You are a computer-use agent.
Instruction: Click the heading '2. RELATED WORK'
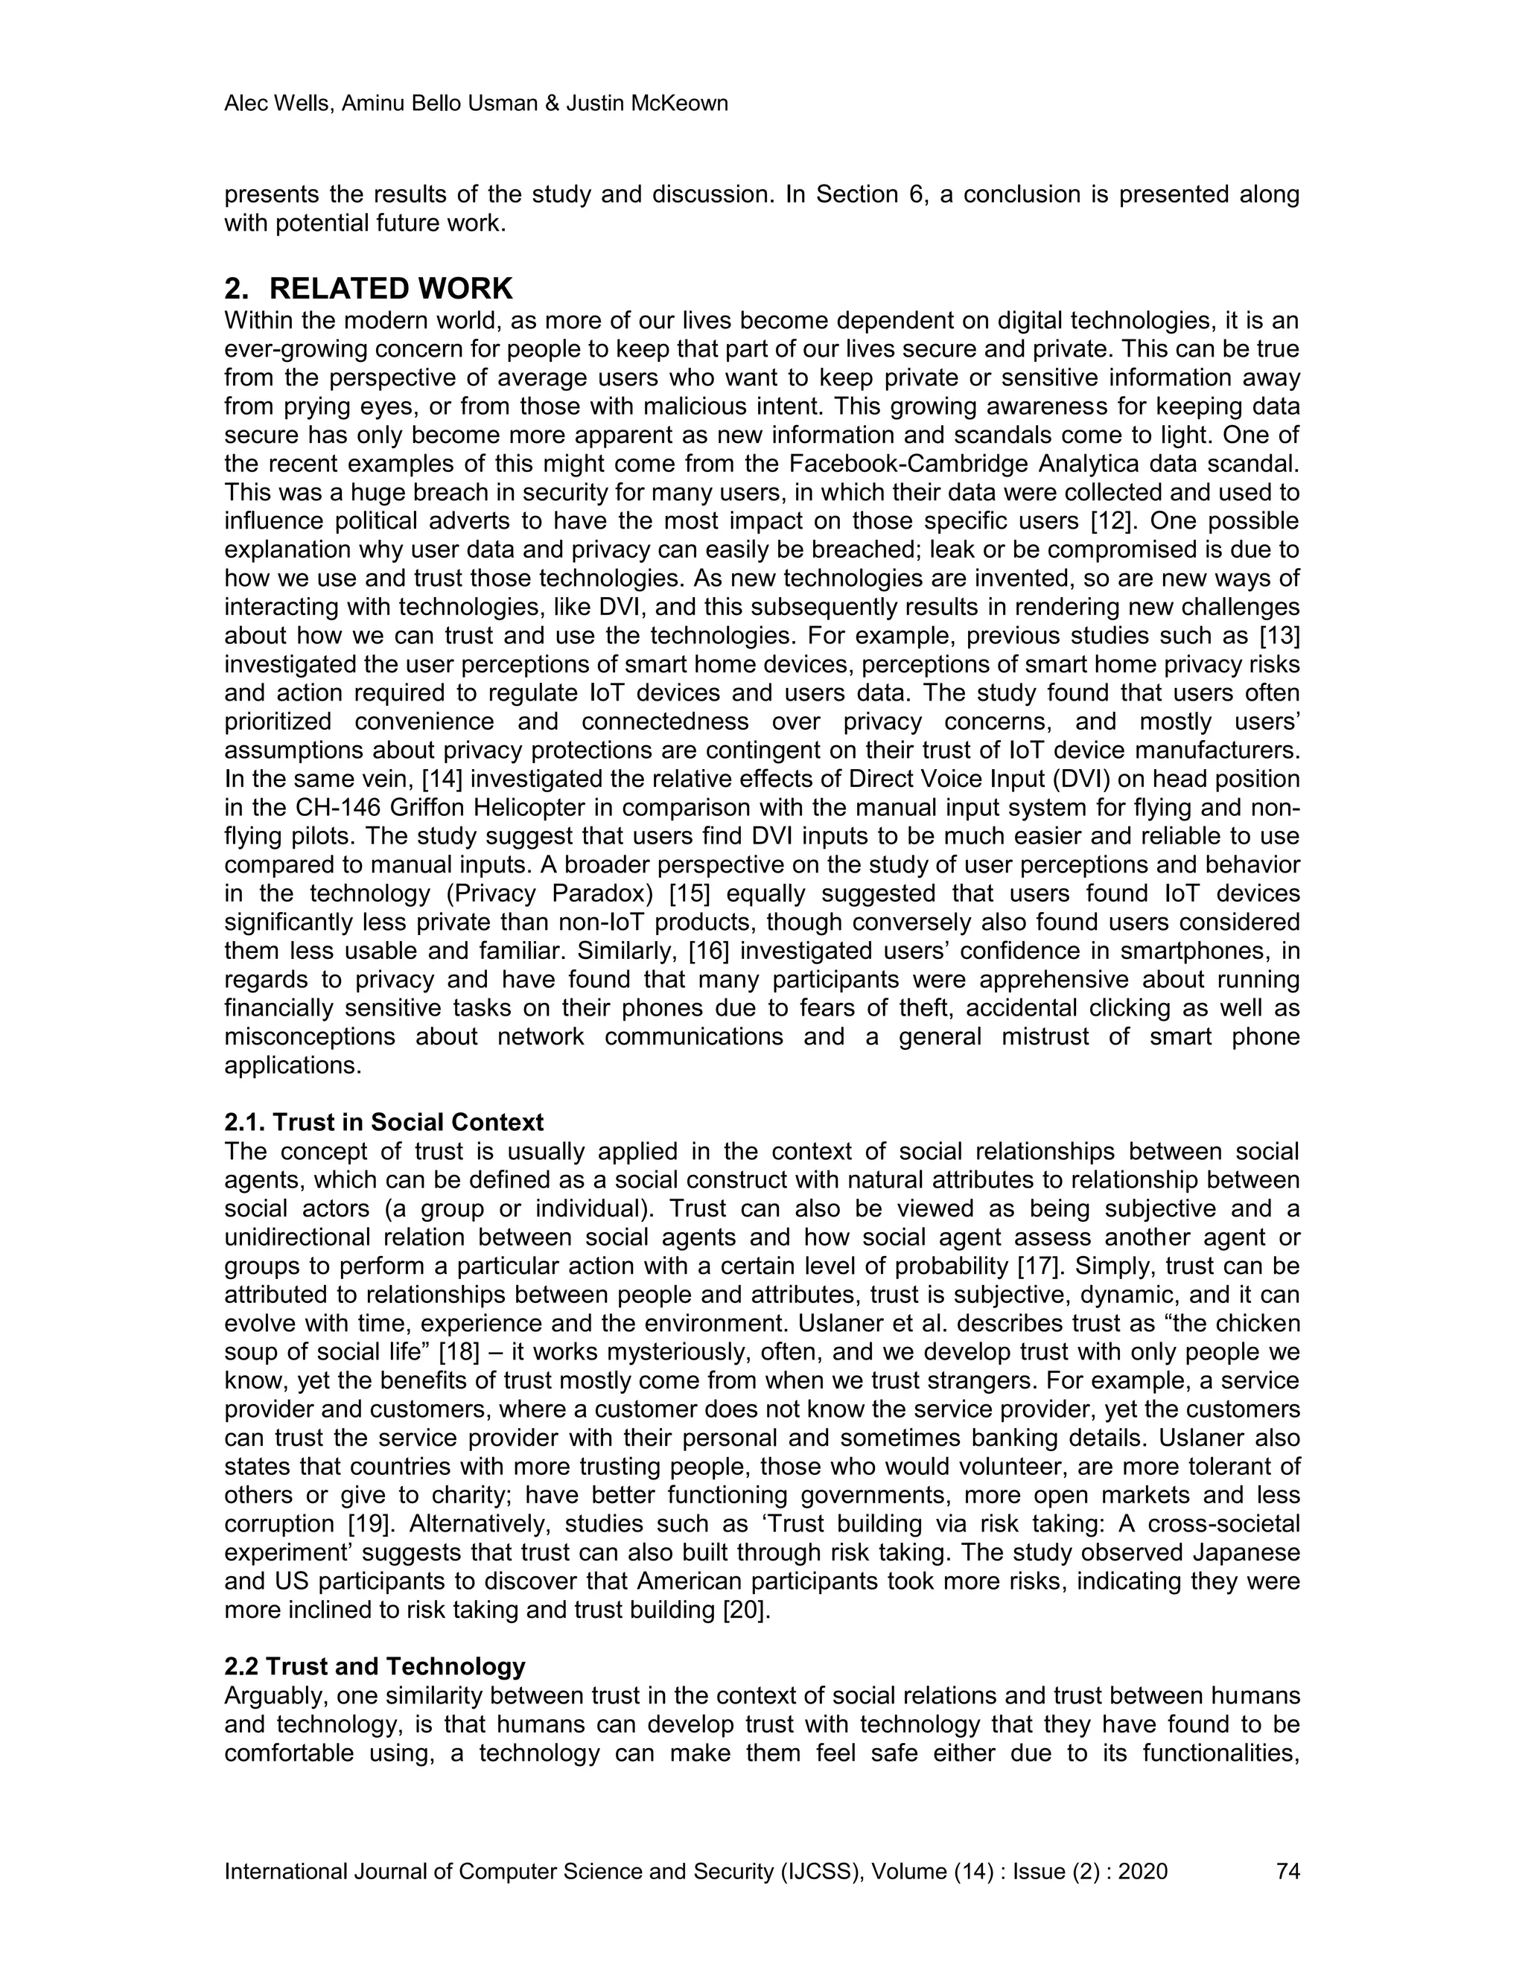[x=368, y=289]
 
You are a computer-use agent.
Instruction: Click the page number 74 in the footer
[x=1287, y=1871]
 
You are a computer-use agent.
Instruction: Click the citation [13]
[x=1279, y=636]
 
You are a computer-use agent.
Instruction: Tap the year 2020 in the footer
[x=1143, y=1871]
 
